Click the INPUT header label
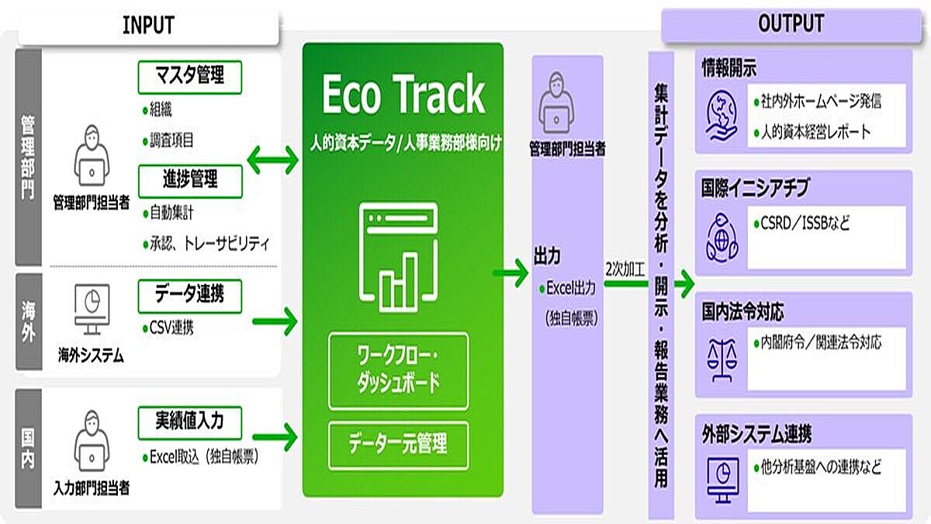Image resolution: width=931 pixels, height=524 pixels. [x=147, y=25]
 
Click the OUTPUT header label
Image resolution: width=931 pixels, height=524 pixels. [x=790, y=23]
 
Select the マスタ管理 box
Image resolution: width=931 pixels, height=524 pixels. [x=190, y=77]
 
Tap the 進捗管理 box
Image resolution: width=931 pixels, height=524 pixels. [x=190, y=180]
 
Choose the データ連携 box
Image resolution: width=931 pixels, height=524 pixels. [x=190, y=296]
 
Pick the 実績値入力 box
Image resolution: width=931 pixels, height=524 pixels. [x=190, y=422]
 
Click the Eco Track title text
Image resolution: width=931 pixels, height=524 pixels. [x=403, y=96]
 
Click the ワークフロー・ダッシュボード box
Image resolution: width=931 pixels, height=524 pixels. [x=398, y=370]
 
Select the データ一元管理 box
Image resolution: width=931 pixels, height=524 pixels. [x=398, y=444]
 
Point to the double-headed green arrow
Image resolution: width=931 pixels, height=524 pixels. [x=272, y=161]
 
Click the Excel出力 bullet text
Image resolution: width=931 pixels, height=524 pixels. [x=570, y=289]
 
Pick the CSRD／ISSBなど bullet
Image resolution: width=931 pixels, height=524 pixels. [x=803, y=224]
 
